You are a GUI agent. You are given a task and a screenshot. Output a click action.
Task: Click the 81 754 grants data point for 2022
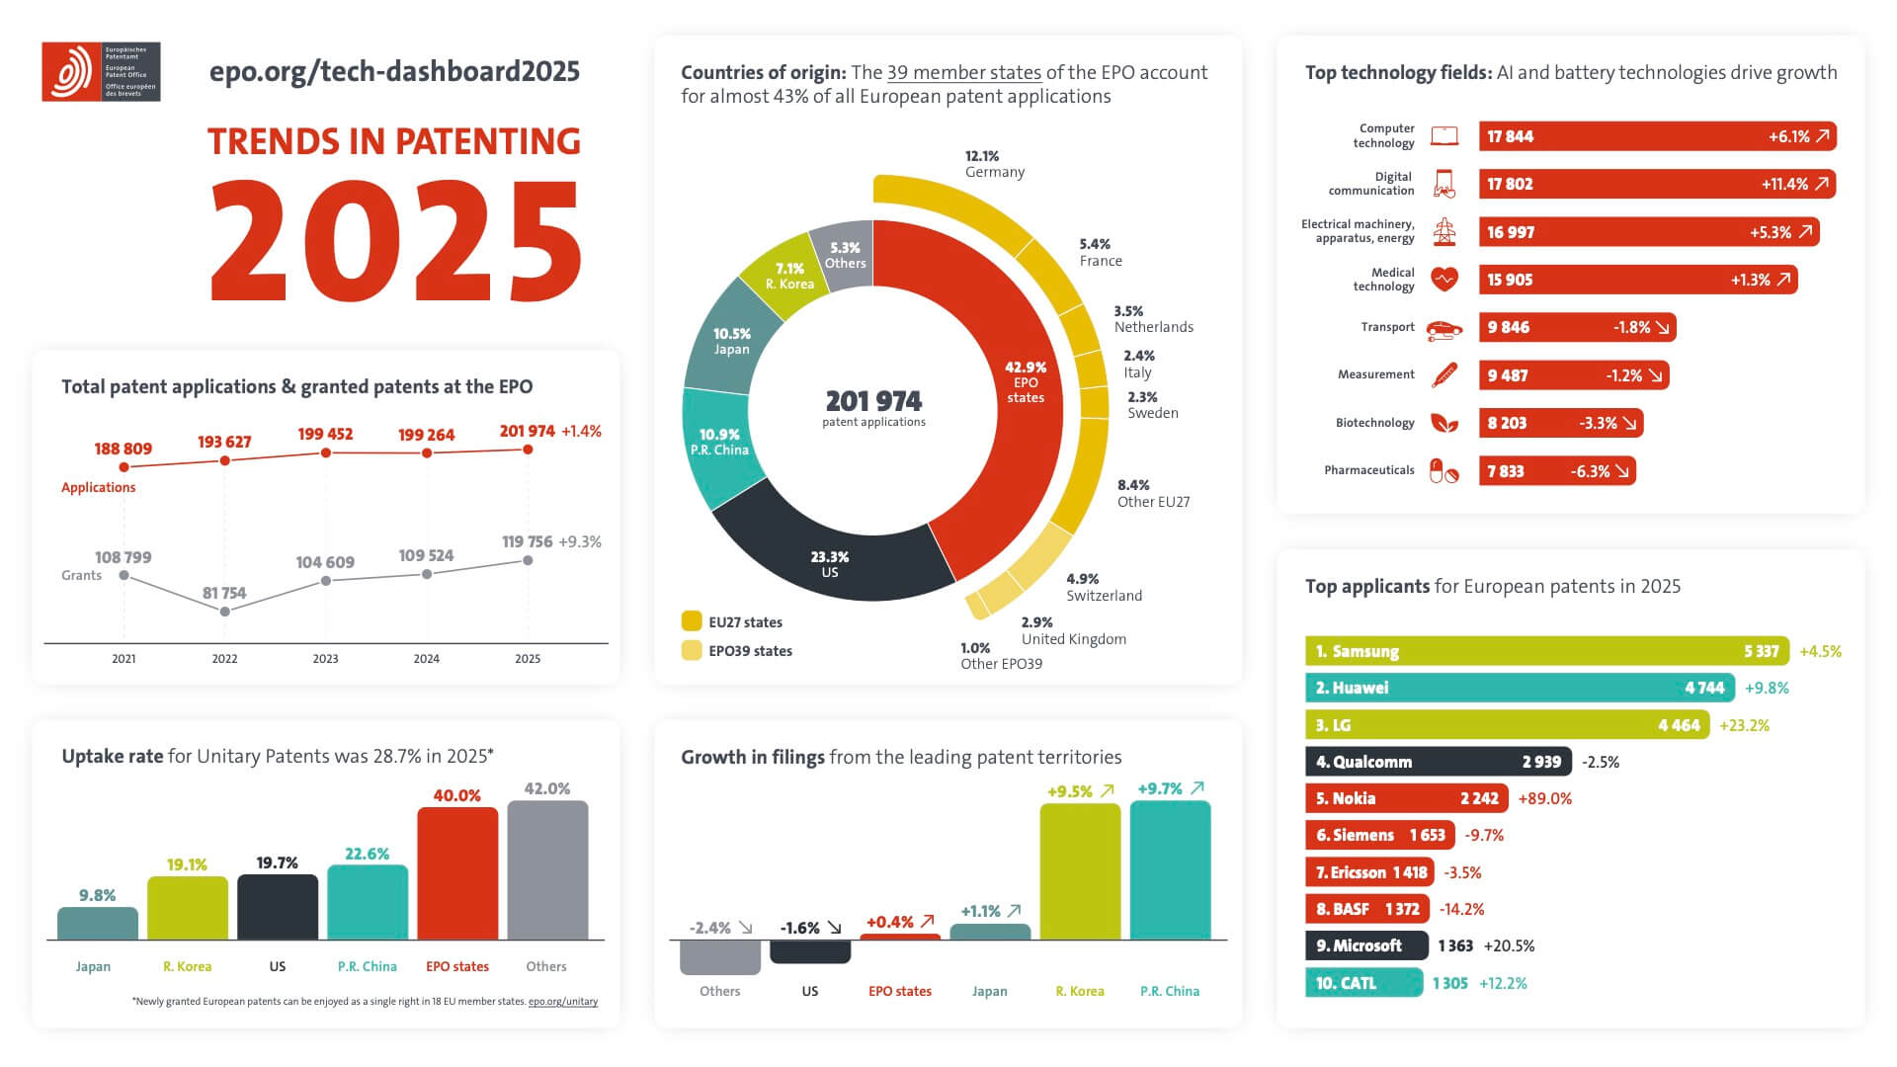[224, 612]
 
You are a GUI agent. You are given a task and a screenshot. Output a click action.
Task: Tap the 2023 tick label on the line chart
[325, 659]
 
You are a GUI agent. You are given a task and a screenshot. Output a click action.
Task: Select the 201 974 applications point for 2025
[528, 450]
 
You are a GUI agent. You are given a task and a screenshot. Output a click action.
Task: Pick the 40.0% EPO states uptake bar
[457, 873]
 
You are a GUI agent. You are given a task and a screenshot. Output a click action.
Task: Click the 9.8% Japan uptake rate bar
[98, 924]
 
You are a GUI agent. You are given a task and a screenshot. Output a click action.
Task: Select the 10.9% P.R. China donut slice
[719, 445]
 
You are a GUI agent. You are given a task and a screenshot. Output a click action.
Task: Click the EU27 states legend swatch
[692, 621]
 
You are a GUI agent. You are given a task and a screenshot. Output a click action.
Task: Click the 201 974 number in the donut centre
[873, 401]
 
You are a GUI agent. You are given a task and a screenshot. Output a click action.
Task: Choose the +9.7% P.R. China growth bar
[1170, 869]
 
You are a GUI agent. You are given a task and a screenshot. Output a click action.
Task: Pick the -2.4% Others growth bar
[720, 956]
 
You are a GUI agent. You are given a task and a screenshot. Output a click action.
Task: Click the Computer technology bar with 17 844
[1657, 136]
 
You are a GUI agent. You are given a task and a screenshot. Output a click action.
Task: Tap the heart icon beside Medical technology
[1444, 280]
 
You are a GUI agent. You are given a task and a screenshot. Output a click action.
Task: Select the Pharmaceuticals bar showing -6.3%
[1556, 471]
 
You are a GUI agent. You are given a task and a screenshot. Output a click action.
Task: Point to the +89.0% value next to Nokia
[1545, 798]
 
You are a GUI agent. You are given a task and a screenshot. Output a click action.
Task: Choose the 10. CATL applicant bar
[1363, 983]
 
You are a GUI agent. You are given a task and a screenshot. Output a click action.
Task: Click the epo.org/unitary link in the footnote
[563, 1002]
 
